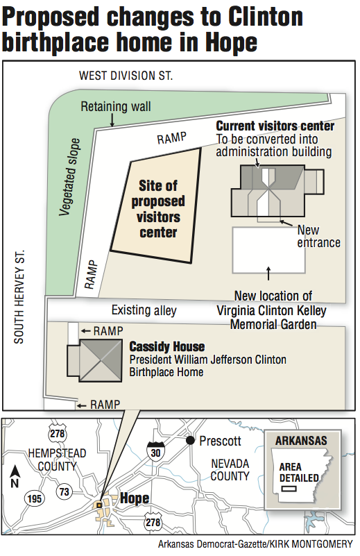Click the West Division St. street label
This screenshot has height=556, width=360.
click(125, 75)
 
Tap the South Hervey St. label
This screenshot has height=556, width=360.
click(19, 297)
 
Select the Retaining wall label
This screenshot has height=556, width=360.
click(115, 107)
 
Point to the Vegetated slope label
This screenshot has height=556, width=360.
click(71, 177)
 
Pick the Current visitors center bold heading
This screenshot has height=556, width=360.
click(275, 126)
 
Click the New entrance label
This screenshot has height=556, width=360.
click(318, 236)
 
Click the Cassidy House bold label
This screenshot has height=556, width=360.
click(167, 346)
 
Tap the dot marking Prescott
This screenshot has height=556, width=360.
click(189, 441)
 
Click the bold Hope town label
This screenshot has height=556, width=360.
click(135, 498)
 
